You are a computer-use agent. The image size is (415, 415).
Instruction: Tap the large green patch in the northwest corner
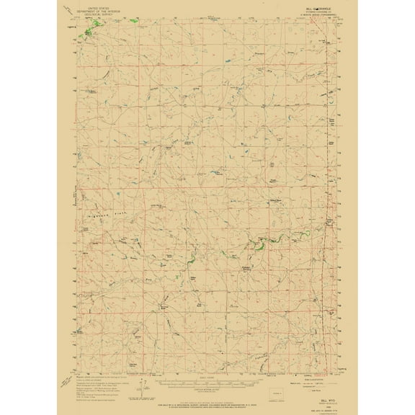[x=89, y=31]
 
